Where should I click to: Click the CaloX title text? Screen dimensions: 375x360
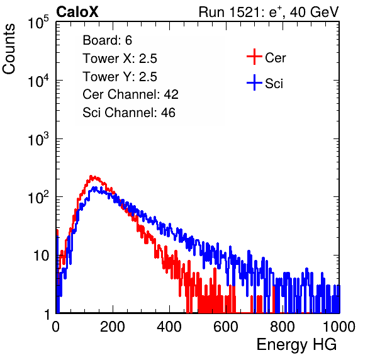pyautogui.click(x=77, y=12)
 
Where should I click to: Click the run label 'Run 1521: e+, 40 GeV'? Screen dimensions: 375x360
pyautogui.click(x=269, y=12)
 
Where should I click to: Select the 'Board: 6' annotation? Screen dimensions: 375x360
pyautogui.click(x=107, y=40)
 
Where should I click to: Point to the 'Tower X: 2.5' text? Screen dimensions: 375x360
pyautogui.click(x=120, y=59)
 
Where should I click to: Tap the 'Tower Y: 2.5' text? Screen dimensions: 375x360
pyautogui.click(x=120, y=77)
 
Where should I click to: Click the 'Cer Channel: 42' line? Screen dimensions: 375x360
pyautogui.click(x=131, y=94)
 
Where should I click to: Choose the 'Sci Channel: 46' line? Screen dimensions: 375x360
pyautogui.click(x=129, y=113)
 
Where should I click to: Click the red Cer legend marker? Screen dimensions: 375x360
pyautogui.click(x=254, y=57)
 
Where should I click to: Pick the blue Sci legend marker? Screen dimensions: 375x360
pyautogui.click(x=254, y=82)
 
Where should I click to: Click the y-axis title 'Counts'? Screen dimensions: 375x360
pyautogui.click(x=9, y=49)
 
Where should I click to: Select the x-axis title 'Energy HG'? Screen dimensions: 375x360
pyautogui.click(x=296, y=345)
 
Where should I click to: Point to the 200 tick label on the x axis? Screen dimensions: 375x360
pyautogui.click(x=113, y=327)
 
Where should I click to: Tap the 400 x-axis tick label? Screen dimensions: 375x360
pyautogui.click(x=169, y=327)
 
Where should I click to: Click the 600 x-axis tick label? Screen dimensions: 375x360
pyautogui.click(x=226, y=327)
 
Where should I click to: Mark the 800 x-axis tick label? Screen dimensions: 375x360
pyautogui.click(x=283, y=327)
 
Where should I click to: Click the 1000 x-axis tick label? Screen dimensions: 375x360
pyautogui.click(x=339, y=327)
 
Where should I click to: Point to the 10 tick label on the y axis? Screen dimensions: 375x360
pyautogui.click(x=41, y=256)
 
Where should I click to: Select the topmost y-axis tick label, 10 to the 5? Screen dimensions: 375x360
pyautogui.click(x=38, y=22)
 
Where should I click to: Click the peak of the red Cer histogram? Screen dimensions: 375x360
pyautogui.click(x=91, y=176)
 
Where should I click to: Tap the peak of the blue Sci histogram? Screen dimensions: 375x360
pyautogui.click(x=95, y=188)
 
